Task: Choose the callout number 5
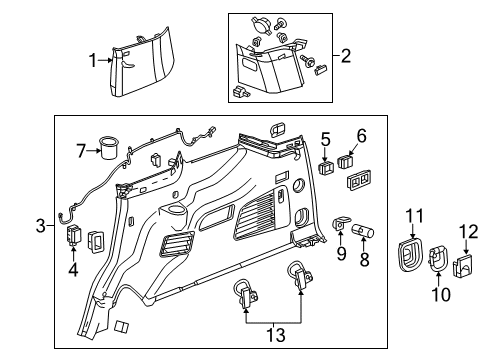pyautogui.click(x=325, y=137)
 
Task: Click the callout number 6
pyautogui.click(x=361, y=134)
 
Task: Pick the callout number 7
pyautogui.click(x=81, y=152)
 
